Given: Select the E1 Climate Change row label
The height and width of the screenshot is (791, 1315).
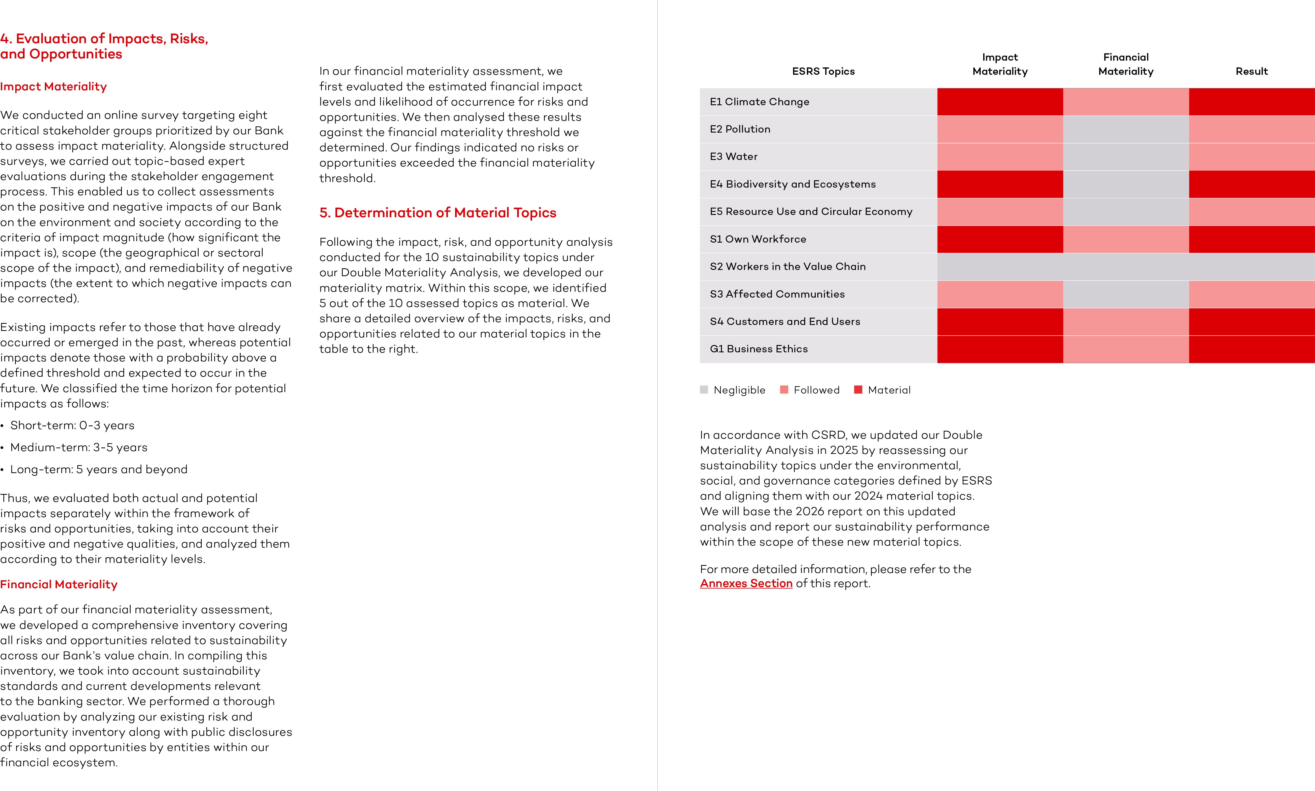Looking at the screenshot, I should coord(759,102).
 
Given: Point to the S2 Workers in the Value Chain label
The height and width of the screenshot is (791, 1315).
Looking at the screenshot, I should coord(787,267).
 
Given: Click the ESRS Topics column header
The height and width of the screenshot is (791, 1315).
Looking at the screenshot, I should coord(823,71).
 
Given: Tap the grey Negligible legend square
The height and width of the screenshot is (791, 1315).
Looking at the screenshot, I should coord(704,390).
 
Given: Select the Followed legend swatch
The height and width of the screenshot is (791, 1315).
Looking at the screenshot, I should coord(783,390).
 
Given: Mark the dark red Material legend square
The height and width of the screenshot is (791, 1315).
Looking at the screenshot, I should coord(858,390).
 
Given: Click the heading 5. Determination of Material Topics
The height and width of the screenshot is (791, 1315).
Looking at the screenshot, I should coord(437,213).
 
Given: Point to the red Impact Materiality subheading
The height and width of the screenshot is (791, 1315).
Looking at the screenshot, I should coord(53,86).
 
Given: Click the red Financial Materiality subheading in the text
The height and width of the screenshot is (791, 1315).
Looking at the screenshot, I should coord(59,584).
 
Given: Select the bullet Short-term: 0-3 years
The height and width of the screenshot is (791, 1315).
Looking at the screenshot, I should coord(72,425).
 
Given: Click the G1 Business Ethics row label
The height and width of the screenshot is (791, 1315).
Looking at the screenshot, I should coord(759,349).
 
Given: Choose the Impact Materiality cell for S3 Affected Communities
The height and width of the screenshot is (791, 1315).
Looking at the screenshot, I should coord(1000,294).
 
